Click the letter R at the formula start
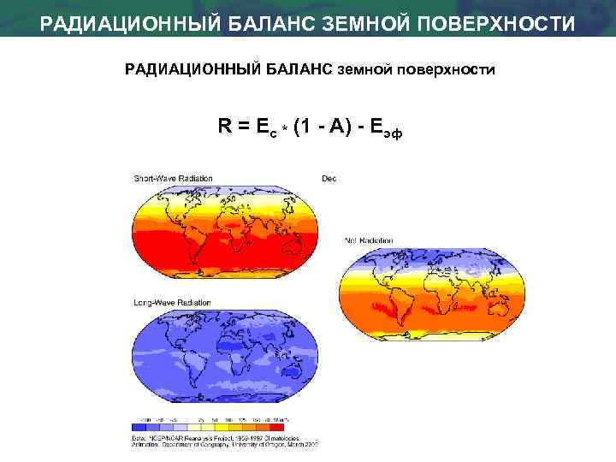(223, 127)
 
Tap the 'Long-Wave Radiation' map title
(170, 303)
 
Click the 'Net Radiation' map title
(368, 240)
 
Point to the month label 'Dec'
(329, 178)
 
